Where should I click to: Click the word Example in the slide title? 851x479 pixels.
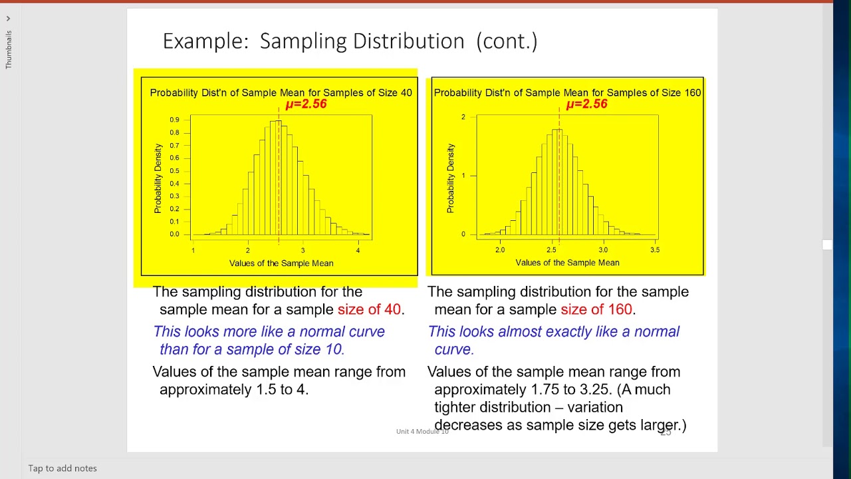coord(205,41)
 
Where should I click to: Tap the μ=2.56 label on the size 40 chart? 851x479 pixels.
coord(306,104)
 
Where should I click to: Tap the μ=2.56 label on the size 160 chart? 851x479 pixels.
coord(586,104)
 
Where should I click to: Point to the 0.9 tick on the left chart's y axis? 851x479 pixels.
coord(174,120)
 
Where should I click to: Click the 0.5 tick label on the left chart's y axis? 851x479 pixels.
coord(174,171)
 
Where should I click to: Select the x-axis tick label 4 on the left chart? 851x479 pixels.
coord(358,250)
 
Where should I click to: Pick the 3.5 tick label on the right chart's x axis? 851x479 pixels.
coord(655,249)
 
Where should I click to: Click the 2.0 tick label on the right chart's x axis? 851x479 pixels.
coord(500,249)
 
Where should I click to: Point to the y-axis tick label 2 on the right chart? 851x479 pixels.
coord(463,117)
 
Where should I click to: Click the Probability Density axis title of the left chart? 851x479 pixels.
coord(158,178)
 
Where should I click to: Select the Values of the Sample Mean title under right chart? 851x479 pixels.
coord(567,263)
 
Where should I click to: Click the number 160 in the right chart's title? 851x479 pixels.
coord(692,92)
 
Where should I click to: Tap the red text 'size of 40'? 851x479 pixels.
coord(369,309)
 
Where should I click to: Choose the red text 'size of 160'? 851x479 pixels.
coord(596,309)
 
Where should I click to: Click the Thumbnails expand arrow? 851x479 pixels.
coord(8,19)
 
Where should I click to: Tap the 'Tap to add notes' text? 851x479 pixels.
coord(62,468)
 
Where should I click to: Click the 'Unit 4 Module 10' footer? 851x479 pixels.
coord(422,432)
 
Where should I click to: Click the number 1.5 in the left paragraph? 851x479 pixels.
coord(266,390)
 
